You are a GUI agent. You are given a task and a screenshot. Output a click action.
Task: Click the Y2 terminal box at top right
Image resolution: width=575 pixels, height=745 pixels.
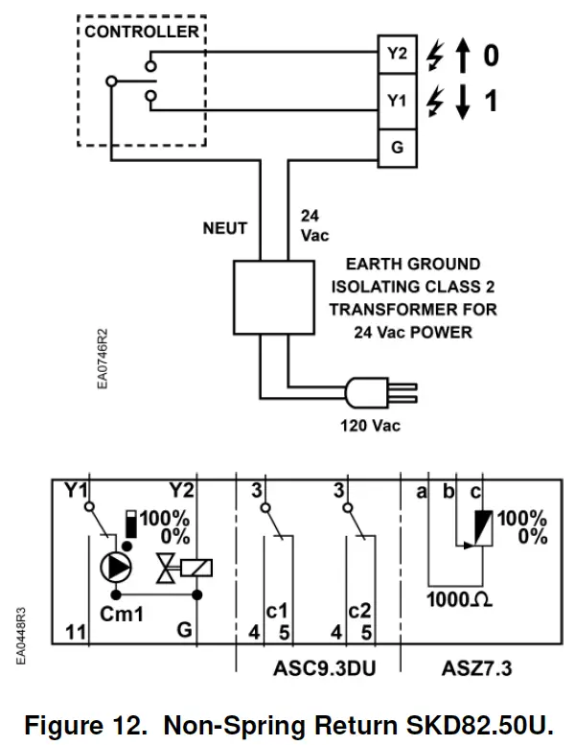pos(397,55)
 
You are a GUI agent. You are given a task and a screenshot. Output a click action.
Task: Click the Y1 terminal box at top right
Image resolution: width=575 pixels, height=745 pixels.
pos(397,101)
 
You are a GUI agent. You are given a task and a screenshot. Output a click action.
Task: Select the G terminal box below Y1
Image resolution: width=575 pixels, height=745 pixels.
pos(397,148)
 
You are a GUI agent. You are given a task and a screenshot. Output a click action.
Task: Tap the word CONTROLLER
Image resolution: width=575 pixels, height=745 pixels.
pos(142,32)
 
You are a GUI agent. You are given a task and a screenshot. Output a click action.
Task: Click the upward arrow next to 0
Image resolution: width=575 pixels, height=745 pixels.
pos(464,56)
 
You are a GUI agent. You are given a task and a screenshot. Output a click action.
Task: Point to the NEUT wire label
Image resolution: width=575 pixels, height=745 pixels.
pos(224,228)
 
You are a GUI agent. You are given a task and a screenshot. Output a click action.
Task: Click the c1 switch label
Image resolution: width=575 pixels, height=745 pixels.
pos(277,610)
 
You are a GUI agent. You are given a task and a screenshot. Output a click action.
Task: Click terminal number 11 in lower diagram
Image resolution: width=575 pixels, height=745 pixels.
pos(77,632)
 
